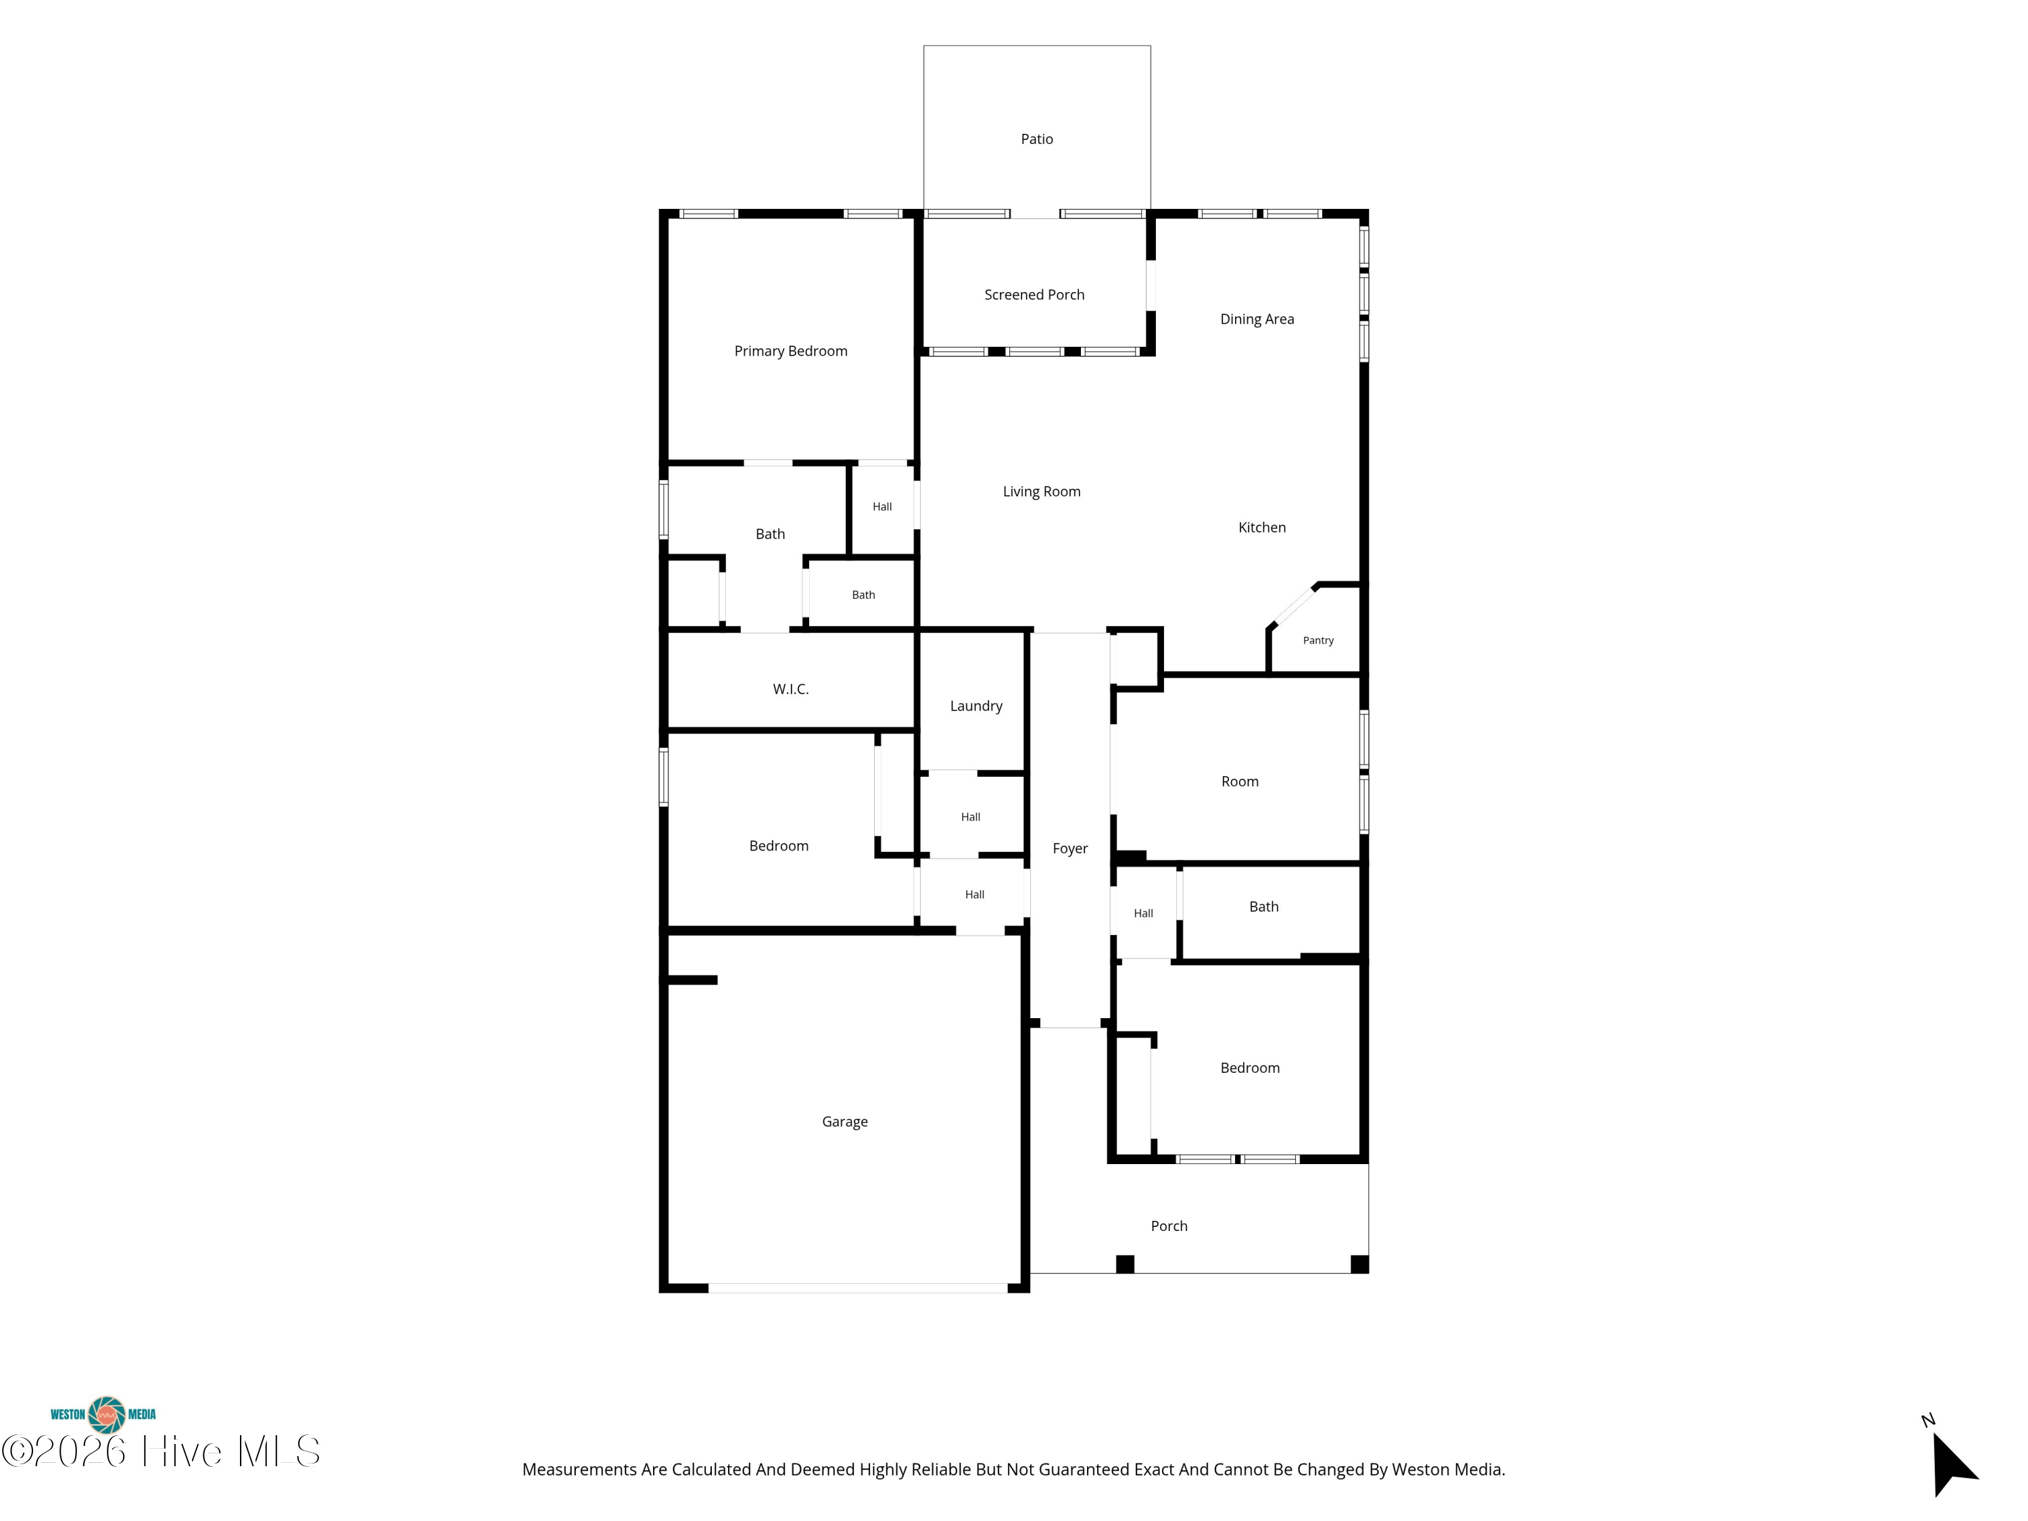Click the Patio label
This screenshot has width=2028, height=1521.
pyautogui.click(x=1037, y=139)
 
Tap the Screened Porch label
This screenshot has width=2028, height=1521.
pyautogui.click(x=1034, y=294)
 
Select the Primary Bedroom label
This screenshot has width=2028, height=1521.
pyautogui.click(x=790, y=351)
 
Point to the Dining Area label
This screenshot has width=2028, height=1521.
pyautogui.click(x=1257, y=319)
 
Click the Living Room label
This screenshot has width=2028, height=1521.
pyautogui.click(x=1042, y=491)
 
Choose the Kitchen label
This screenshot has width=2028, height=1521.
pyautogui.click(x=1261, y=527)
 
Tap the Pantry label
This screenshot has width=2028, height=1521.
pyautogui.click(x=1318, y=641)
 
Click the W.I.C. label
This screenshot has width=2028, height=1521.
pyautogui.click(x=790, y=690)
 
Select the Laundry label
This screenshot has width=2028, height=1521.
pyautogui.click(x=976, y=706)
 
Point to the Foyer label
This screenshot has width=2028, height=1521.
pyautogui.click(x=1070, y=849)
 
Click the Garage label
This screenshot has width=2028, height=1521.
pyautogui.click(x=844, y=1121)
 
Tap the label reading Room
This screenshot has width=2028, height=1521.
pyautogui.click(x=1240, y=782)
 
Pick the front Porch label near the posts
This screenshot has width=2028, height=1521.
pyautogui.click(x=1169, y=1226)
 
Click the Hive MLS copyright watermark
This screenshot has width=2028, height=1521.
pyautogui.click(x=162, y=1451)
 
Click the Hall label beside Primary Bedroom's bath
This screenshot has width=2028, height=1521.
pyautogui.click(x=882, y=507)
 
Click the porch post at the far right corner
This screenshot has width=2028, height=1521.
pyautogui.click(x=1359, y=1264)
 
